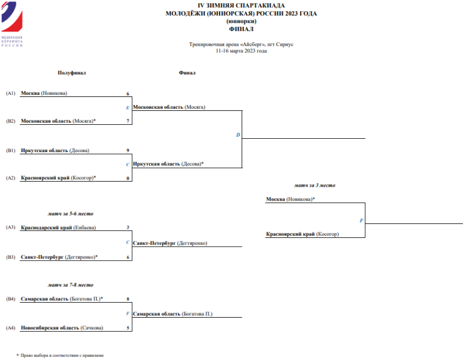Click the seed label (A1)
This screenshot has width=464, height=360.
click(x=11, y=93)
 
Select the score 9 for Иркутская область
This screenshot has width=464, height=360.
click(x=127, y=151)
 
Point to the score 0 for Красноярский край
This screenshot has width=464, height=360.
click(x=127, y=178)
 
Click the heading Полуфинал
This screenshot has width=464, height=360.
click(x=72, y=73)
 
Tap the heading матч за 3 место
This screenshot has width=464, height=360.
click(x=318, y=185)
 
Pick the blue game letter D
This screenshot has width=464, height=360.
click(x=238, y=135)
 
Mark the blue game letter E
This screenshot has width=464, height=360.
click(x=127, y=108)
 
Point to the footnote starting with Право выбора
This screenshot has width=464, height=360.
click(x=62, y=355)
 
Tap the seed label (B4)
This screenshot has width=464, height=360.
click(x=11, y=299)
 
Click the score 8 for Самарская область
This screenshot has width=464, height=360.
click(x=127, y=299)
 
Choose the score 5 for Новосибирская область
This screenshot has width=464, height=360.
click(x=127, y=328)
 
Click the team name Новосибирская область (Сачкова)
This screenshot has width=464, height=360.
click(x=62, y=328)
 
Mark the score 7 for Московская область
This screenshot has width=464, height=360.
click(x=127, y=121)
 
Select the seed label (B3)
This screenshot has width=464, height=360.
click(x=11, y=256)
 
